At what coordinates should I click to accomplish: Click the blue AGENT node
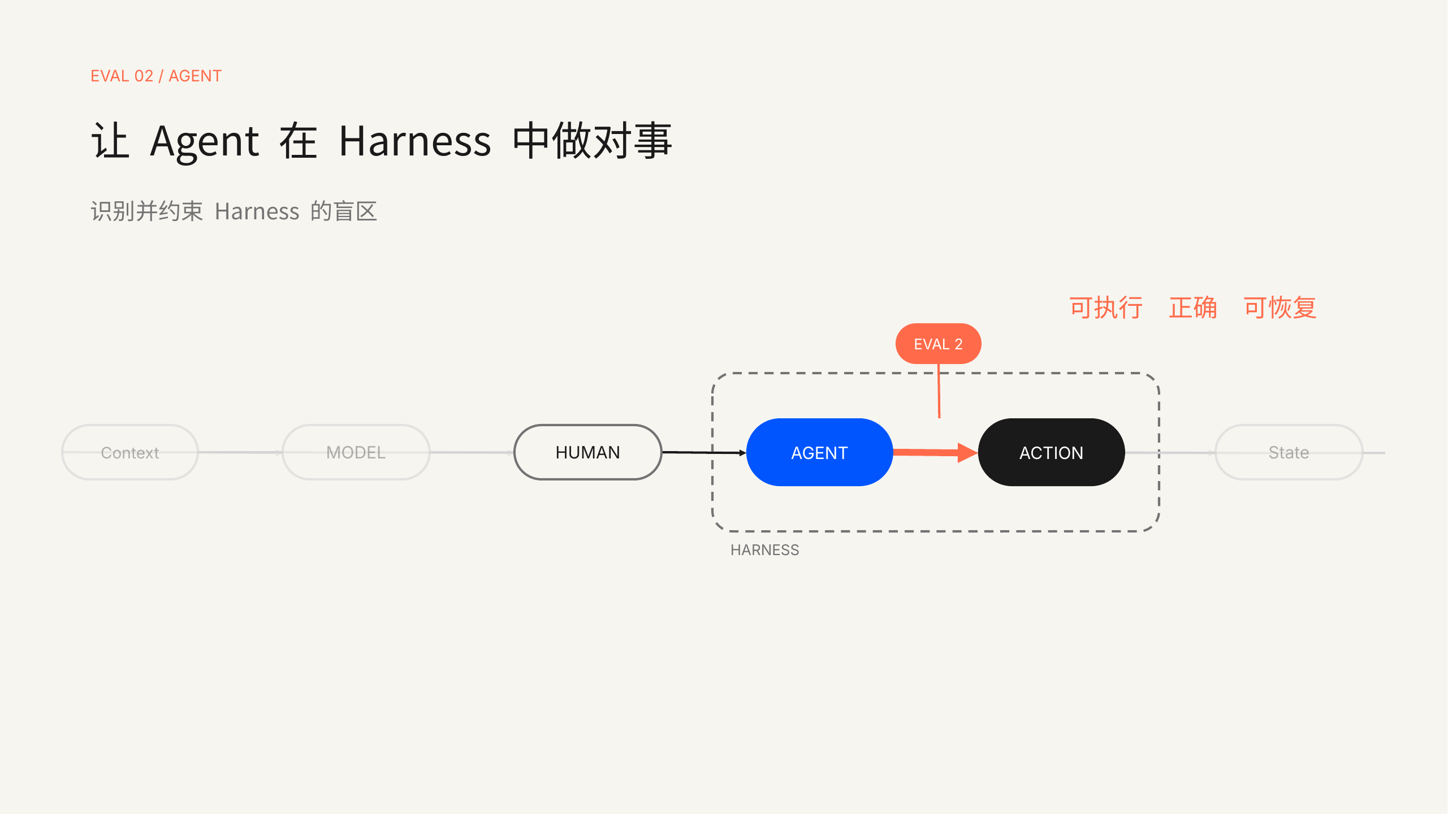pos(819,452)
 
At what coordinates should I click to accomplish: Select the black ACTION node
pos(1051,452)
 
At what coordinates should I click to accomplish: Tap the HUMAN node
pos(587,452)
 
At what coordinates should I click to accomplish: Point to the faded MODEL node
pos(356,452)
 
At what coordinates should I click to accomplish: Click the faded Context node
pos(129,452)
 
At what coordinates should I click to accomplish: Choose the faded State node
pos(1289,452)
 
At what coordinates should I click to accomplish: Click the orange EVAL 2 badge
pos(938,344)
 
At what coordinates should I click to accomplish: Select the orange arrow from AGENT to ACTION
pos(935,452)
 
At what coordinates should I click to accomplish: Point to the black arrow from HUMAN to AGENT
pos(704,452)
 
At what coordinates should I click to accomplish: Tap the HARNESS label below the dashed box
pos(764,550)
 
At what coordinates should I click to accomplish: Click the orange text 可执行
pos(1106,308)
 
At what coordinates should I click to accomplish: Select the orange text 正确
pos(1193,308)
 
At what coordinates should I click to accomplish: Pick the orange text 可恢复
pos(1280,308)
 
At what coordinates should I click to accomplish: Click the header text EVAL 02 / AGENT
pos(156,76)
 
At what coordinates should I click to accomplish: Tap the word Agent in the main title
pos(204,141)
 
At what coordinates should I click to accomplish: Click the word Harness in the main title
pos(415,141)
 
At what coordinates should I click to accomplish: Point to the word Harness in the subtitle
pos(257,211)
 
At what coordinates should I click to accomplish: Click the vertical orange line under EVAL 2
pos(939,391)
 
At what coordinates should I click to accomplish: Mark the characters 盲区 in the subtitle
pos(355,211)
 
